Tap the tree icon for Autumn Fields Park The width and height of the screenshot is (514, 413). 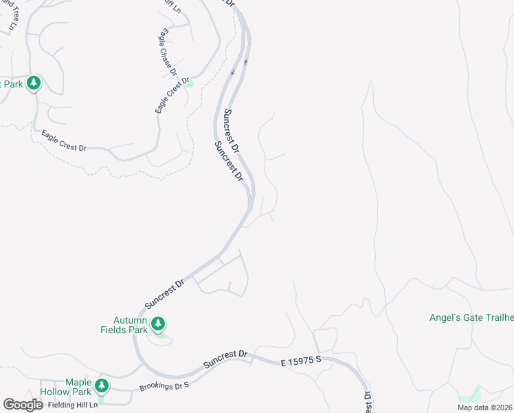(158, 323)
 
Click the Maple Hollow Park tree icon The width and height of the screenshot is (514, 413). (102, 385)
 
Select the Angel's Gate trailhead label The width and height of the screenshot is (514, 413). (471, 317)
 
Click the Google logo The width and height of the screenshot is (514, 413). (23, 405)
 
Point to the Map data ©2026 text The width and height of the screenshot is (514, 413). (484, 407)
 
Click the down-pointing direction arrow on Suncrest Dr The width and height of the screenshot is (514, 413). (232, 72)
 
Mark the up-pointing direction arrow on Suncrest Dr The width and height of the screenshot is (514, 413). (245, 61)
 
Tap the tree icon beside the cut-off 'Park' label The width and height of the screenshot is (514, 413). (33, 83)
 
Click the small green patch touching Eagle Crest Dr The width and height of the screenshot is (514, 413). (189, 84)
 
